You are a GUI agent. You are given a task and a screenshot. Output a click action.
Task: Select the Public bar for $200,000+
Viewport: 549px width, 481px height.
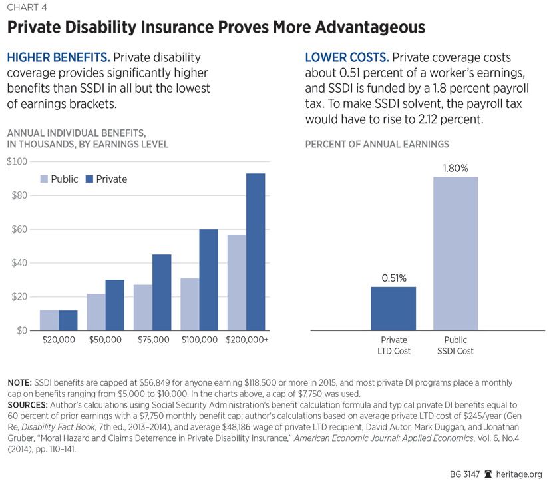pyautogui.click(x=236, y=282)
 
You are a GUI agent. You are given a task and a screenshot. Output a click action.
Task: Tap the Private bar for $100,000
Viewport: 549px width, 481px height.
pyautogui.click(x=209, y=280)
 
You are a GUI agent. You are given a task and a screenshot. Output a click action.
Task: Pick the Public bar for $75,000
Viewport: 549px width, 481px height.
pyautogui.click(x=142, y=308)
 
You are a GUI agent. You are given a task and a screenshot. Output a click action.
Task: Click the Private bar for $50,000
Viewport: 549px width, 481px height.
pyautogui.click(x=114, y=305)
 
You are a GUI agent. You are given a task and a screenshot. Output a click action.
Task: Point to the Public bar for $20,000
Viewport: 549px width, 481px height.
pyautogui.click(x=49, y=320)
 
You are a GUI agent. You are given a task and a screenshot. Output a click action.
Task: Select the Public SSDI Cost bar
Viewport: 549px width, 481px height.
pyautogui.click(x=456, y=253)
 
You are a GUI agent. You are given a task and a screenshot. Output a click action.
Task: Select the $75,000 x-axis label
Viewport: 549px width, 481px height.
pyautogui.click(x=152, y=340)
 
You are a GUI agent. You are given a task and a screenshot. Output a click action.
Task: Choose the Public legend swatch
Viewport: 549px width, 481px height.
pyautogui.click(x=45, y=179)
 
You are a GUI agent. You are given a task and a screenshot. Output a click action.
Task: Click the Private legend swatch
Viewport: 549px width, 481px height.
pyautogui.click(x=89, y=179)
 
